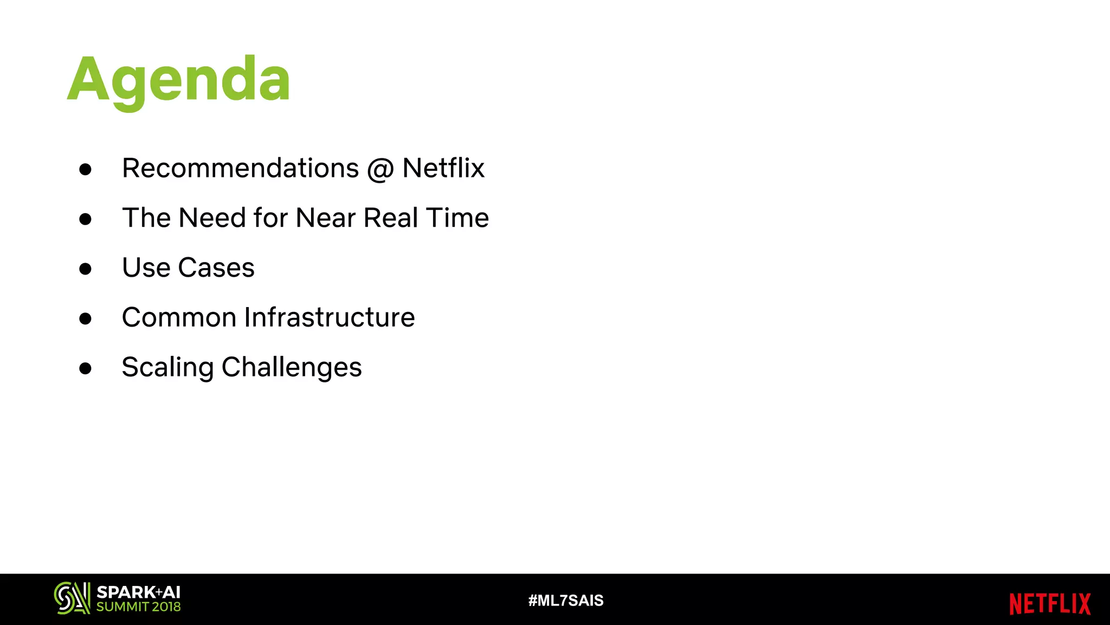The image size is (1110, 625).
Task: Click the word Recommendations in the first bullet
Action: click(240, 168)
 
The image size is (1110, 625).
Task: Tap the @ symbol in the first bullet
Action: click(380, 169)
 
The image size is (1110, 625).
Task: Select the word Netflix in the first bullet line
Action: click(443, 168)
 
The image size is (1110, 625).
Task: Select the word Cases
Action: click(216, 268)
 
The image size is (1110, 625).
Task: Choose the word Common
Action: click(179, 317)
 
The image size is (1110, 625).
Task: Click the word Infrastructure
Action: click(330, 317)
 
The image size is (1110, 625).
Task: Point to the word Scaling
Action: click(167, 368)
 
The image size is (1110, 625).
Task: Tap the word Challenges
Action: click(292, 368)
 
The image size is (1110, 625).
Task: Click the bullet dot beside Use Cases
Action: click(85, 269)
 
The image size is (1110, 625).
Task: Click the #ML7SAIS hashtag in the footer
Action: click(566, 601)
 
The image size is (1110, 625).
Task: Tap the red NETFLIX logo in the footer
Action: click(1050, 604)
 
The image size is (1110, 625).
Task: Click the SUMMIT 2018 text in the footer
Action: click(138, 607)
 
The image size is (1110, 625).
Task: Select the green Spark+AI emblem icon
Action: click(72, 598)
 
